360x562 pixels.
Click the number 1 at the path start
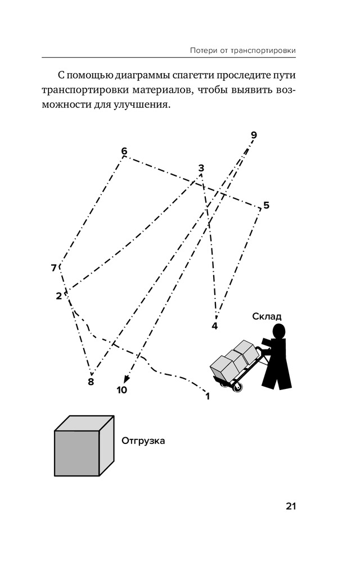point(208,396)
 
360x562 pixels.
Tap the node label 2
point(58,296)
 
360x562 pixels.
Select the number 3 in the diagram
point(201,168)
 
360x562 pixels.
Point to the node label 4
point(214,325)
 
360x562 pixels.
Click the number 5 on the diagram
point(266,205)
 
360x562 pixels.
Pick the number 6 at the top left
point(124,151)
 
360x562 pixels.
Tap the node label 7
point(54,268)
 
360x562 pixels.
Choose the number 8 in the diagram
point(91,382)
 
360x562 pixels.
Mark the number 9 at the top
point(254,135)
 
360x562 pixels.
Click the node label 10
point(121,389)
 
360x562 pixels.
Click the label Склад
point(267,316)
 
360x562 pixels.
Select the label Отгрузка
point(143,441)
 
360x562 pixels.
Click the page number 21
point(290,506)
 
